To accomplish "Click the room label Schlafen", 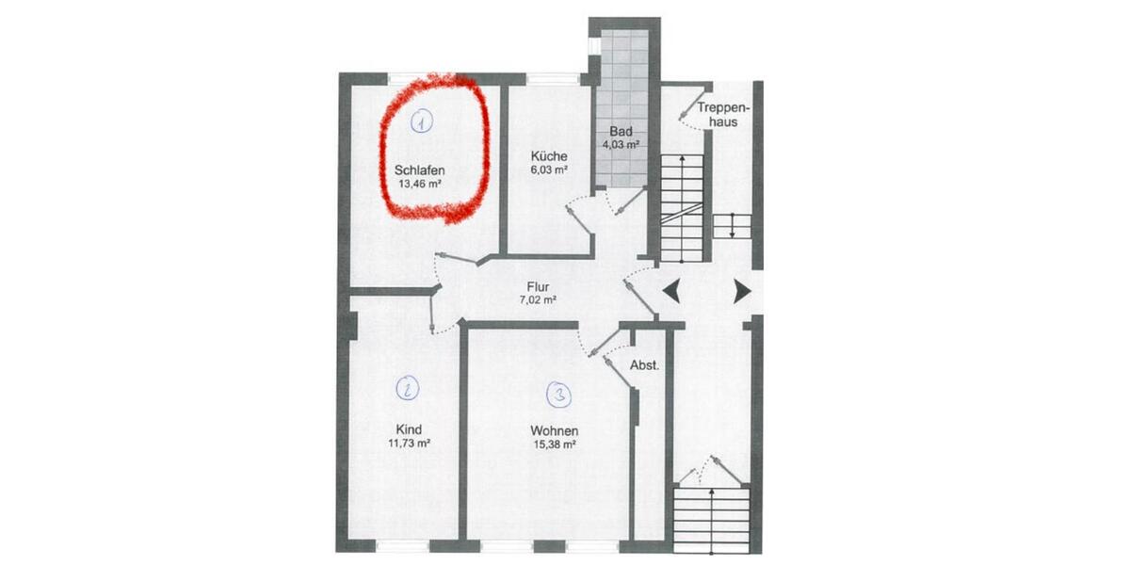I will [420, 170].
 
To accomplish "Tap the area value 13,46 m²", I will [420, 185].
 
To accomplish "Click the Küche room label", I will [548, 156].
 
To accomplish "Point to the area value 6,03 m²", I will [548, 170].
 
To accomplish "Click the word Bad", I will [621, 131].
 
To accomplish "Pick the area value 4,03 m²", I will [621, 145].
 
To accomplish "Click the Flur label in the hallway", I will [538, 289].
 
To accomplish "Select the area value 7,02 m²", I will [538, 302].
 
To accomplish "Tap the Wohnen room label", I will [553, 431].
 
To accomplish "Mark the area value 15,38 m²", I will [553, 445].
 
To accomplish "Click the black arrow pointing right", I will [742, 290].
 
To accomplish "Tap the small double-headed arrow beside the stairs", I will [731, 227].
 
